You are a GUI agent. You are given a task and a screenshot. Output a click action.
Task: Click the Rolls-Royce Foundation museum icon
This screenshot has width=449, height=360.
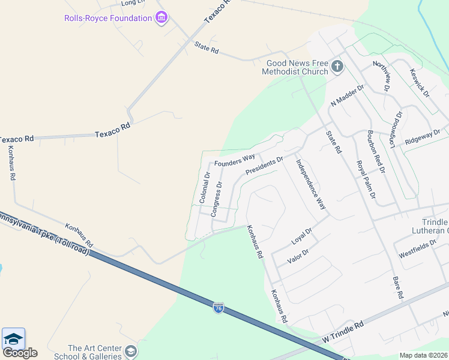(x=161, y=18)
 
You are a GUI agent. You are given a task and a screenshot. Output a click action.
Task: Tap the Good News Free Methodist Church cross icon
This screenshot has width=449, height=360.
(x=337, y=66)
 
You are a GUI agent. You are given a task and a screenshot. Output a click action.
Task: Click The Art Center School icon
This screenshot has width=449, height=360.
(x=131, y=351)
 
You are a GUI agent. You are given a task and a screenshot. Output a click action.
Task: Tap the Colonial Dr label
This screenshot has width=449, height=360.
(x=205, y=188)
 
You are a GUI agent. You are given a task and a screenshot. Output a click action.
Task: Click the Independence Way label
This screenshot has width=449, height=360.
(x=310, y=184)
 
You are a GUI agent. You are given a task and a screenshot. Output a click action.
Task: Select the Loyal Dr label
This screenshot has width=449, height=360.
(x=302, y=236)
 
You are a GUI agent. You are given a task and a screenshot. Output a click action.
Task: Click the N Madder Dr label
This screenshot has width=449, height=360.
(x=348, y=95)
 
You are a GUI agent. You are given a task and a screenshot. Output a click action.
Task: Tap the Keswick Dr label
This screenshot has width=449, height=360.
(x=420, y=82)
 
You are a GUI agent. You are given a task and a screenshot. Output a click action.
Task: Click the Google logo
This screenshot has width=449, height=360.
(x=20, y=353)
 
